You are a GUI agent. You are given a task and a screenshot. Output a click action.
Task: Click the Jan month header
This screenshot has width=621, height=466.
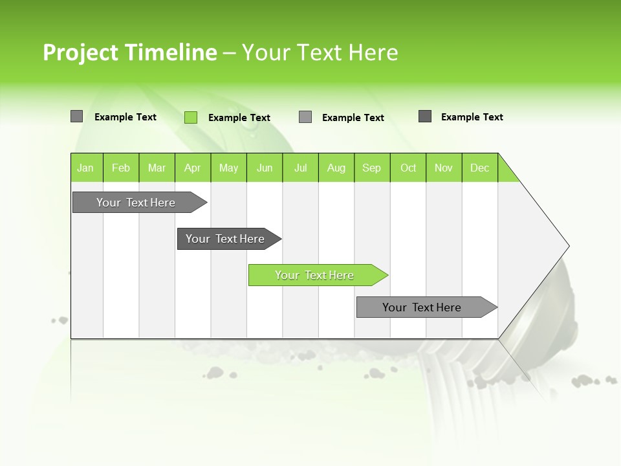point(86,168)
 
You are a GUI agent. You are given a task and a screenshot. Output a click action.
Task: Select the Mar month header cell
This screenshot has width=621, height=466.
point(157,168)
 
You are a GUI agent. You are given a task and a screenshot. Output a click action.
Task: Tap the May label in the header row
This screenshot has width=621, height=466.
point(228,168)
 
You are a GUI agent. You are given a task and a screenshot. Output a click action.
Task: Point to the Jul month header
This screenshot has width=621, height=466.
point(300,168)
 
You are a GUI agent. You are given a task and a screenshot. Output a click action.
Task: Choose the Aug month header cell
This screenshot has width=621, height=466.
point(336,168)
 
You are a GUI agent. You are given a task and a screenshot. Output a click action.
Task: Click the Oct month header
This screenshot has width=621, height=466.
point(408,168)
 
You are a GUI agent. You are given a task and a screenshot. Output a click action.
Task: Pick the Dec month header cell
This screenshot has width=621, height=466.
point(479,168)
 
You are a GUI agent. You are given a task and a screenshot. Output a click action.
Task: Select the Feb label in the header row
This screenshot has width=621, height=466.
point(121,168)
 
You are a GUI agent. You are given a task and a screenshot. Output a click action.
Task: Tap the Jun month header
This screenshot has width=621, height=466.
point(265,168)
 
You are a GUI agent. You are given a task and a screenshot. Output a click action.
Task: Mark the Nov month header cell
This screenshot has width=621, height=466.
point(444,168)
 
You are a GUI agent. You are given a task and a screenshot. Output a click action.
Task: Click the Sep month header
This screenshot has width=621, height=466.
point(372,168)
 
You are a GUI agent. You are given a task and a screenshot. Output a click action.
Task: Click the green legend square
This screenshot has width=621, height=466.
point(191,117)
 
